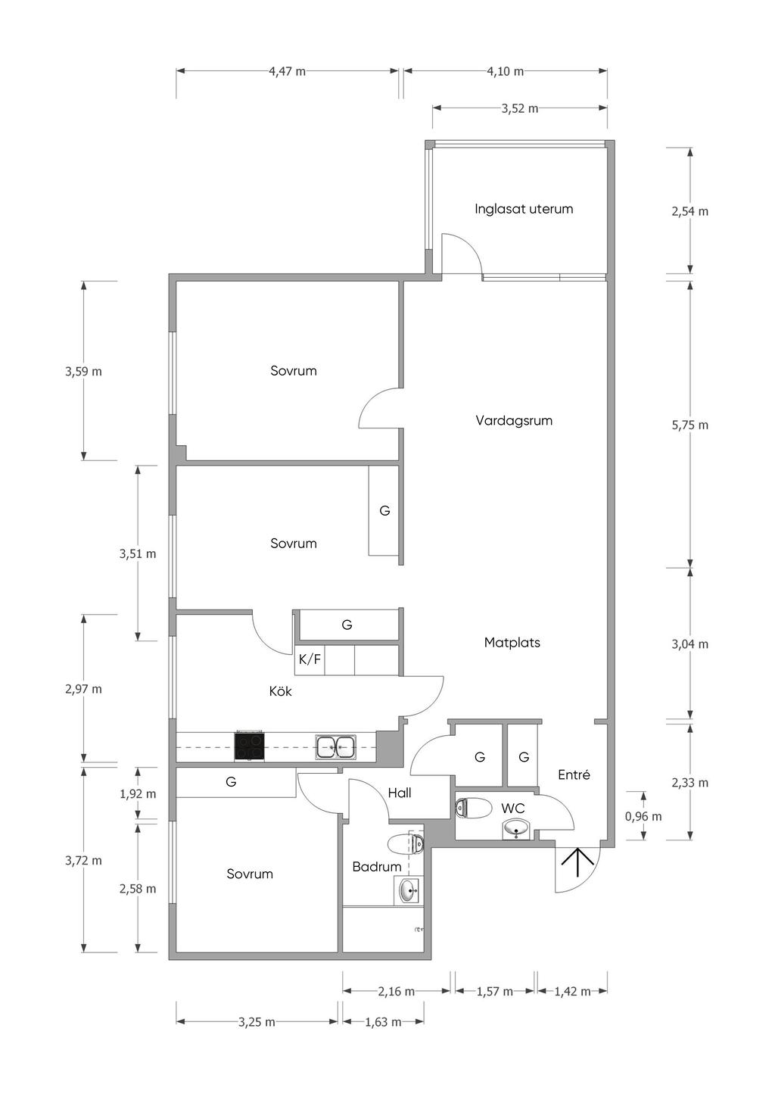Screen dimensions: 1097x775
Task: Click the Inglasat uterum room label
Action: coord(524,209)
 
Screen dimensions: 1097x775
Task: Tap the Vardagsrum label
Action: coord(514,420)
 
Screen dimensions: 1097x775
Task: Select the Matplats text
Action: coord(512,643)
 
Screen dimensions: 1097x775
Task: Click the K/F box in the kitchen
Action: coord(310,659)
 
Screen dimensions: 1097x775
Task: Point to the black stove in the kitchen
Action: coord(250,746)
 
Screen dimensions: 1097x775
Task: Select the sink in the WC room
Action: coord(516,830)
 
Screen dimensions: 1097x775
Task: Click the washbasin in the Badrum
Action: coord(409,891)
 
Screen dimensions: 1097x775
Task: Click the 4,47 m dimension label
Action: coord(288,72)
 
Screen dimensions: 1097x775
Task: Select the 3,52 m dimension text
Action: coord(520,108)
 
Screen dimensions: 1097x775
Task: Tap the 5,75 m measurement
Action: coord(689,425)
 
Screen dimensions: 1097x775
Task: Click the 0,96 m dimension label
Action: coord(643,816)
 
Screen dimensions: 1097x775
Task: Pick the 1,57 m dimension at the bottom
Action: coord(494,991)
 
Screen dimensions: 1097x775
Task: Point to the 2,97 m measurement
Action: coord(83,689)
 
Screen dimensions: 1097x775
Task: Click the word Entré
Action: coord(574,774)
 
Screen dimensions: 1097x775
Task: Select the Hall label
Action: coord(400,793)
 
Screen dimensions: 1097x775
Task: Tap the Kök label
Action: coord(280,691)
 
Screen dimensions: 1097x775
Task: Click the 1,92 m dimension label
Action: coord(138,794)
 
